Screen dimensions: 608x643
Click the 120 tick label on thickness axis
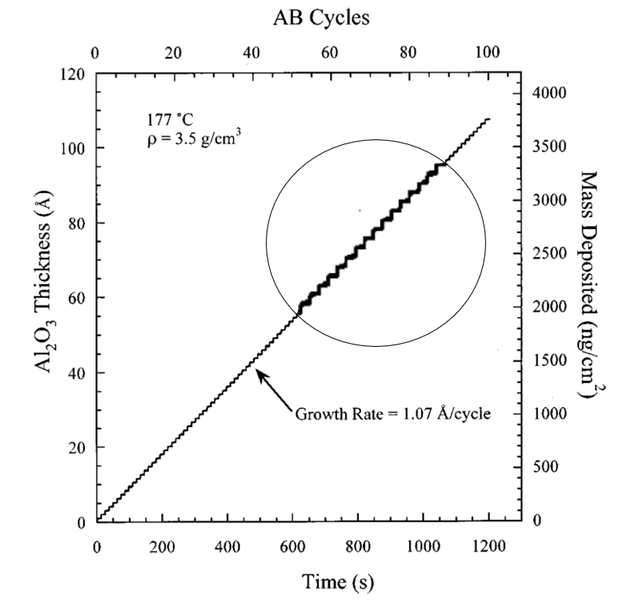(x=75, y=74)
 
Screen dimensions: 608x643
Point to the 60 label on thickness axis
(x=78, y=298)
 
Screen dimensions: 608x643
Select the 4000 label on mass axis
(x=550, y=93)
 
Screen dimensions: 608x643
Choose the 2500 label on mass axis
(x=550, y=254)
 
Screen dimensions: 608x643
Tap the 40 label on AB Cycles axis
(x=251, y=54)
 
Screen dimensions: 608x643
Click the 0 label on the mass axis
(x=538, y=521)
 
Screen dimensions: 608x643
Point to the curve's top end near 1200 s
(x=488, y=119)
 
